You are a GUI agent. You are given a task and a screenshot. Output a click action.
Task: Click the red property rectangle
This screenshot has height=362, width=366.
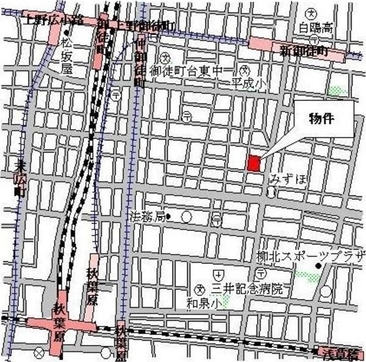coord(254,163)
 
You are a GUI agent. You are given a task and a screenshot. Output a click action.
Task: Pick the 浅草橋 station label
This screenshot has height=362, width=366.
coord(341,352)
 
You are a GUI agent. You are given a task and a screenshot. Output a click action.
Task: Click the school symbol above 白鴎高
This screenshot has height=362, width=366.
coord(312,13)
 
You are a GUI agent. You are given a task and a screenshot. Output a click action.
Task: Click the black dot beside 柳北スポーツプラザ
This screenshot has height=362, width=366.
coord(318,266)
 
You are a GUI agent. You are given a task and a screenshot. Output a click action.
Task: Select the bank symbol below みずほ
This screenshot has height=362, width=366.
coord(271,191)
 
